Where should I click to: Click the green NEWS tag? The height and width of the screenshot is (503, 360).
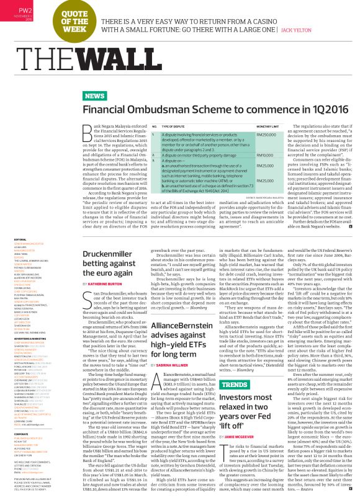tap(94, 96)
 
